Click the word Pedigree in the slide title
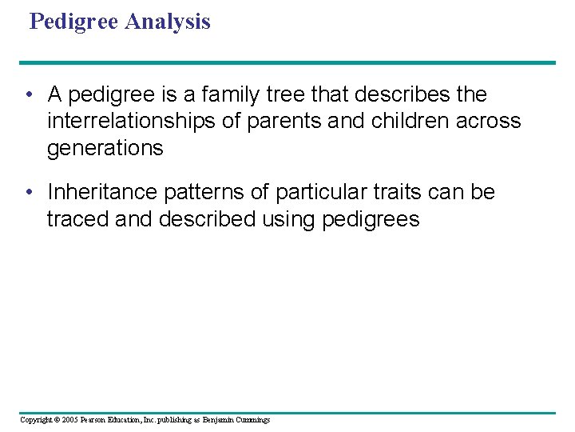tap(76, 22)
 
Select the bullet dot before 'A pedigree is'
tap(28, 95)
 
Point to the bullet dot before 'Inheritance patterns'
tap(28, 193)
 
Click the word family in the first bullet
tap(234, 94)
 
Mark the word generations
tap(105, 148)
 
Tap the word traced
tap(77, 219)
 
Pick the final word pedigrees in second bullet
tap(371, 219)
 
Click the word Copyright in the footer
tap(37, 420)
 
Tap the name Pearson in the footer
tap(97, 420)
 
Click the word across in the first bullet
tap(489, 121)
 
